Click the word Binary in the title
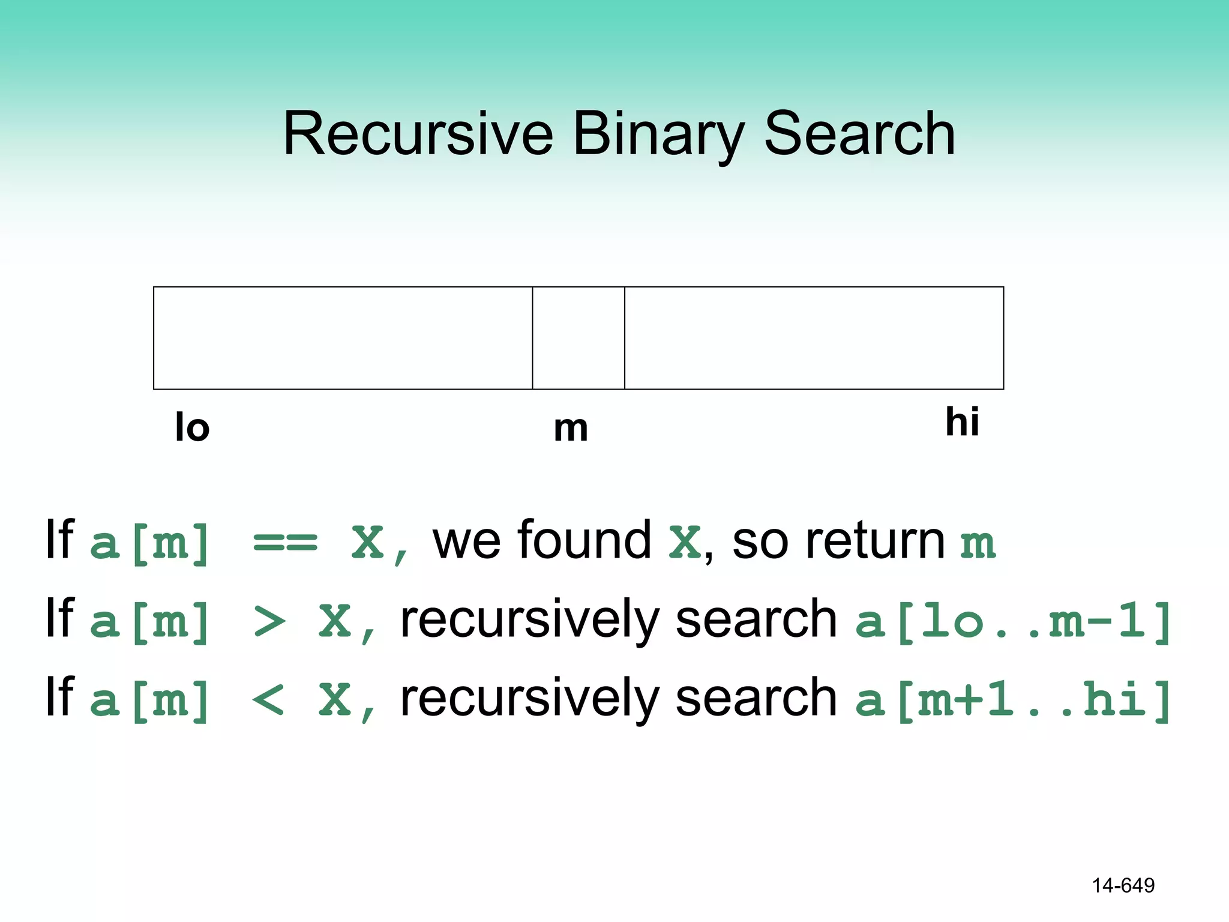click(658, 135)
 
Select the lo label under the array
click(192, 428)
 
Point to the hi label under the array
click(962, 421)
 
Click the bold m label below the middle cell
click(571, 429)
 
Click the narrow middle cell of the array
click(578, 338)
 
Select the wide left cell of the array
click(343, 338)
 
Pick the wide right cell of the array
click(814, 338)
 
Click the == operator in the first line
click(285, 543)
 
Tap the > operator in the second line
click(269, 622)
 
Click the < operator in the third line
click(268, 701)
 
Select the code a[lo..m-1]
click(1013, 622)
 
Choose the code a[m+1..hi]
click(1013, 701)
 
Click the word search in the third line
click(756, 698)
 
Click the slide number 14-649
click(1123, 885)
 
